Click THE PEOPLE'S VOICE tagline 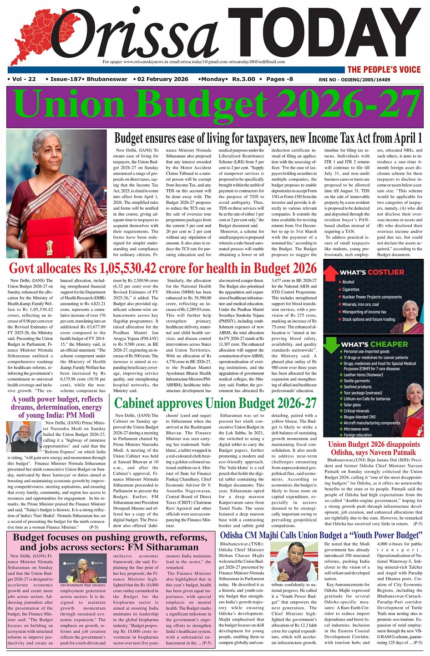[384, 70]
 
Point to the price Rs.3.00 [243, 79]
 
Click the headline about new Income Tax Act [268, 138]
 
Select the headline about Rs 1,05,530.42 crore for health [162, 268]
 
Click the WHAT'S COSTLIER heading [372, 272]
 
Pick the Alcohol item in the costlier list [348, 282]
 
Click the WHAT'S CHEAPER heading [374, 344]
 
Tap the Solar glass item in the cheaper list [352, 404]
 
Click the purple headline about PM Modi [57, 407]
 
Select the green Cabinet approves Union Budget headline [215, 403]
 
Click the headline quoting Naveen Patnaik [374, 448]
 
